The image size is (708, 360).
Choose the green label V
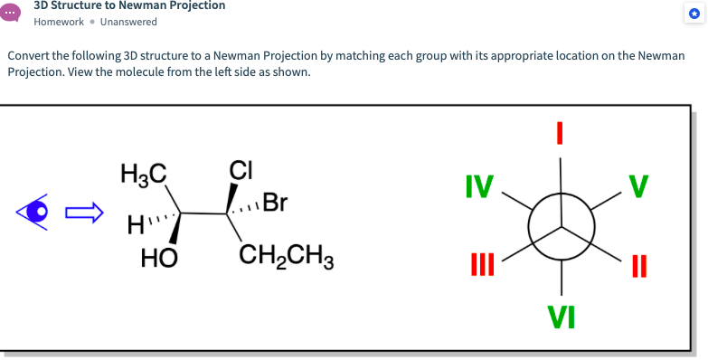pos(639,186)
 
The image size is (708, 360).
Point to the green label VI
pos(561,317)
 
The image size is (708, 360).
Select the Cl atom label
pos(241,169)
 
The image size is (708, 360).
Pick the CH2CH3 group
pos(287,257)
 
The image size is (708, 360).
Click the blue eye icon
pos(36,213)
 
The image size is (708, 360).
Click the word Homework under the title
pos(59,22)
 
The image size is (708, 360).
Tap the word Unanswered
pos(128,22)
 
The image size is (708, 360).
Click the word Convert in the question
pos(28,56)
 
